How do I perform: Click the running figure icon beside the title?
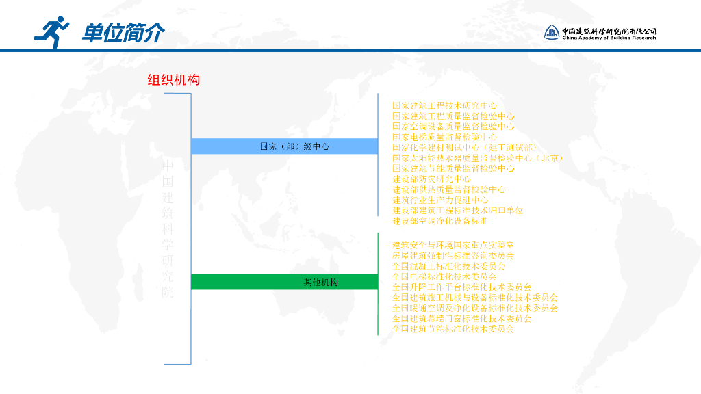[51, 31]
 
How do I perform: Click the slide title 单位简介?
[123, 32]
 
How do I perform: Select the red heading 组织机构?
[174, 80]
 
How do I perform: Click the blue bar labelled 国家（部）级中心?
[284, 146]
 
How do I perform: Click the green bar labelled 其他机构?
[284, 282]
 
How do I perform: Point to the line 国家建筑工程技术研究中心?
[444, 106]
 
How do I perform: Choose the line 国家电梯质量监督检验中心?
[444, 137]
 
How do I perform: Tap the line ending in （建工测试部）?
[465, 148]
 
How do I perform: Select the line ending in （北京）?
[477, 158]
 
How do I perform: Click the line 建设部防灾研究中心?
[431, 179]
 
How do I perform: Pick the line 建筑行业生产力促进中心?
[440, 200]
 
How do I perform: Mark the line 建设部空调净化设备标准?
[440, 221]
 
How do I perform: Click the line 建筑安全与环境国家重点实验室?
[453, 245]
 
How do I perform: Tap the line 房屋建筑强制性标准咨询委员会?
[453, 255]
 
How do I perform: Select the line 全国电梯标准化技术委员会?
[444, 276]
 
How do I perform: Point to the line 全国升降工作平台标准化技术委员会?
[462, 287]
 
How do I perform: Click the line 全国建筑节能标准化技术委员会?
[453, 329]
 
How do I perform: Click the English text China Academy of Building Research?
[609, 38]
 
